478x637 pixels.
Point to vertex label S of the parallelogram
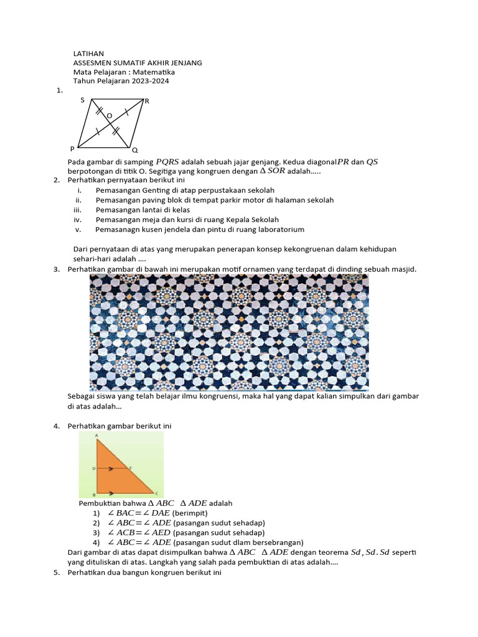[x=82, y=100]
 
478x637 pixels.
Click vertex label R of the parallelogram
[x=147, y=101]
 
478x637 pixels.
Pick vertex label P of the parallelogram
[x=72, y=149]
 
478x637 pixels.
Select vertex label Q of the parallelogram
[x=134, y=150]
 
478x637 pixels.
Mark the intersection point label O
[x=110, y=116]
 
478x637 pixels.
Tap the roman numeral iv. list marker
[x=78, y=220]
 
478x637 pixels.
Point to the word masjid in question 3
[x=402, y=269]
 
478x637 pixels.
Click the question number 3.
[x=57, y=269]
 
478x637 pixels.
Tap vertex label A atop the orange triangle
[x=96, y=436]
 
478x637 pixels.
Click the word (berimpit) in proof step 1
[x=192, y=513]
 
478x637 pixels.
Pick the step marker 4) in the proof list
[x=96, y=542]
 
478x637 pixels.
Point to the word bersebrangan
[x=274, y=542]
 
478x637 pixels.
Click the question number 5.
[x=57, y=572]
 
